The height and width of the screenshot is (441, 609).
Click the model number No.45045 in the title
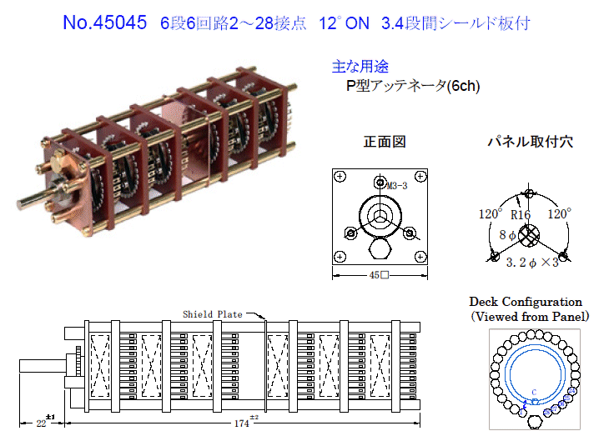click(x=105, y=23)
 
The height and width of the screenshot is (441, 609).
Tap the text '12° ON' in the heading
click(x=344, y=23)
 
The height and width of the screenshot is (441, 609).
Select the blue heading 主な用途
click(x=360, y=67)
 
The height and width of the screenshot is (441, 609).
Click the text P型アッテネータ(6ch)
click(x=413, y=86)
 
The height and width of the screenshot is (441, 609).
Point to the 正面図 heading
click(x=385, y=142)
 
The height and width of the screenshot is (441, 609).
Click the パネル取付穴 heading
click(x=530, y=142)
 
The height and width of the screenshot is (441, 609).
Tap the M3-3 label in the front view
click(x=396, y=186)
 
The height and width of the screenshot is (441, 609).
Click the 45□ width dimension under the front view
click(x=379, y=275)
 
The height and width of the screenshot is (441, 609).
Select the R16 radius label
click(x=521, y=214)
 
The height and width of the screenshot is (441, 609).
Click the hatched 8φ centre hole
click(x=529, y=235)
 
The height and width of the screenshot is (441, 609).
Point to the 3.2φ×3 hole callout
click(x=532, y=263)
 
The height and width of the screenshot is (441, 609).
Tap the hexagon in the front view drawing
click(x=380, y=248)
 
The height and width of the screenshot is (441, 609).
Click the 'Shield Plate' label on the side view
click(x=213, y=314)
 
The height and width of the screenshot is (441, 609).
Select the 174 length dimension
click(x=242, y=423)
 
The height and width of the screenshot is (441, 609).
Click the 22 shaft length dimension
click(x=41, y=423)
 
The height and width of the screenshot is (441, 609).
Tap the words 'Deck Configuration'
click(x=526, y=302)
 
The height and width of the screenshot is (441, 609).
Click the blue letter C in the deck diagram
click(x=534, y=392)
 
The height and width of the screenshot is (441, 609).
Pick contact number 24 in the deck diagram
click(x=571, y=391)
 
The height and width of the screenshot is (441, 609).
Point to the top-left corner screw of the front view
click(x=340, y=177)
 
